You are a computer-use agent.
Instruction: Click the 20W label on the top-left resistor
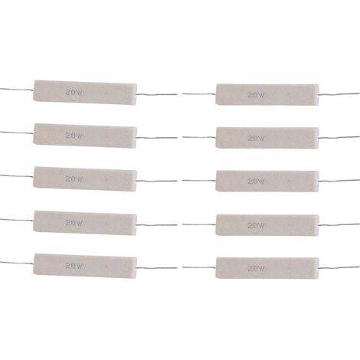[74, 92]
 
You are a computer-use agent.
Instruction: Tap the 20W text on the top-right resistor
[256, 95]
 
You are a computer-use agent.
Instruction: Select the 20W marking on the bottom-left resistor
[74, 266]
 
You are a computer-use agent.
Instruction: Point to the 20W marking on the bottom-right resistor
[256, 268]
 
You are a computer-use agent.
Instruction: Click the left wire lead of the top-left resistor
[17, 89]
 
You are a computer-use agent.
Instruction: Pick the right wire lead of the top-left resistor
[157, 94]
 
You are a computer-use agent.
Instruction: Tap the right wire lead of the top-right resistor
[339, 94]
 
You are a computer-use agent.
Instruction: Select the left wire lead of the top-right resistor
[199, 94]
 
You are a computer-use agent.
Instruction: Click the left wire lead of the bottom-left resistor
[17, 263]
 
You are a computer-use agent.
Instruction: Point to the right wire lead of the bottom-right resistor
[339, 267]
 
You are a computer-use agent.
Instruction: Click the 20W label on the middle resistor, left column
[74, 178]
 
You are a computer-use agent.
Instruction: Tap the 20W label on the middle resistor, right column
[256, 182]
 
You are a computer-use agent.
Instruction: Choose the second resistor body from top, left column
[85, 136]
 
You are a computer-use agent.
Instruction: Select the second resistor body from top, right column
[267, 138]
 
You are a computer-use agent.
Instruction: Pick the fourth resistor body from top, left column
[85, 223]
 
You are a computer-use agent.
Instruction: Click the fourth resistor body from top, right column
[267, 225]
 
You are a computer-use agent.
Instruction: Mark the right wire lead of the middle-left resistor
[157, 181]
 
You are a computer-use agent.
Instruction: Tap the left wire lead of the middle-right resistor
[199, 181]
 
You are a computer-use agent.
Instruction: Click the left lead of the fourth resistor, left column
[17, 220]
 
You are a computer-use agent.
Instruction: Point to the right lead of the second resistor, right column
[339, 137]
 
